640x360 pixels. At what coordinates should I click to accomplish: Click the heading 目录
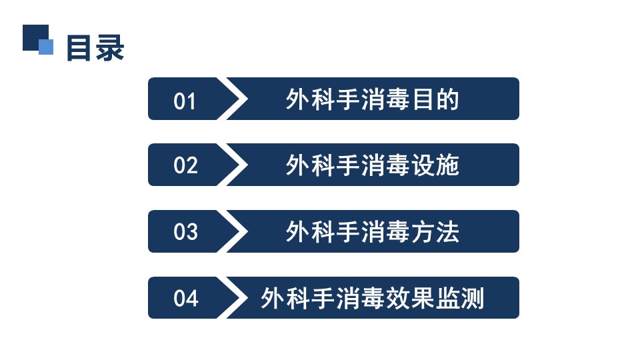point(95,48)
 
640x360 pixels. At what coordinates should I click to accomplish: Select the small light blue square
point(46,47)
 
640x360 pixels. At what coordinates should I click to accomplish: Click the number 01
point(185,101)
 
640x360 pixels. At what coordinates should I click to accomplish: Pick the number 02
point(185,165)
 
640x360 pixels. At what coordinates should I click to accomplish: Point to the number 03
point(185,232)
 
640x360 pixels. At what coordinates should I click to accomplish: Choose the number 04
point(186,298)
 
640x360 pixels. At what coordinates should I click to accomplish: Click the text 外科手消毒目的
point(372,99)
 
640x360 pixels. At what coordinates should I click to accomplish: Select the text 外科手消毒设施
point(372,165)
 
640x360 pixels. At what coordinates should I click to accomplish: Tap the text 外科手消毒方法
point(372,232)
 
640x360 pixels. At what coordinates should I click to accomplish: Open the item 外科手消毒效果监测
point(372,298)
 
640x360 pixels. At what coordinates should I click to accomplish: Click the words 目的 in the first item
point(435,99)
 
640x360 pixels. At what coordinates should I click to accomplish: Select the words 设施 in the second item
point(435,165)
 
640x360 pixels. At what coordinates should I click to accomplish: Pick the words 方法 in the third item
point(435,232)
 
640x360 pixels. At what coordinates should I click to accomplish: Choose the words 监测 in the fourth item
point(460,298)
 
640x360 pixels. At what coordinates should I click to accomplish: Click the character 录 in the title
point(110,48)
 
